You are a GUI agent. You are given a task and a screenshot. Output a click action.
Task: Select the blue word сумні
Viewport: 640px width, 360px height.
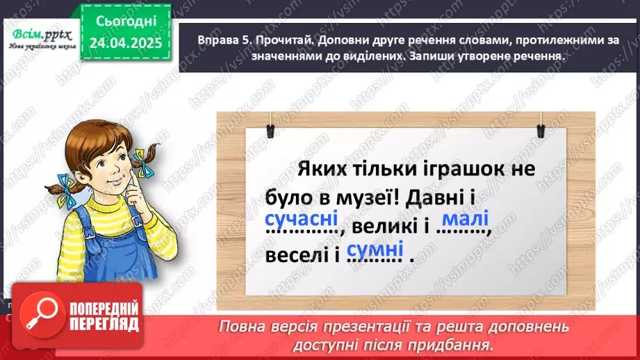point(375,250)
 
